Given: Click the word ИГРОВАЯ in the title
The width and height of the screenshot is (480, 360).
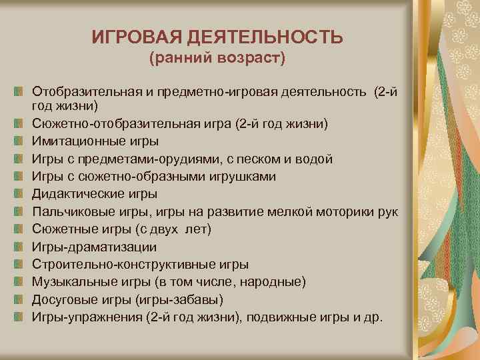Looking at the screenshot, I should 133,37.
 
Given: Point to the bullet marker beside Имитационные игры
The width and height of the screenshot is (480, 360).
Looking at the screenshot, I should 22,142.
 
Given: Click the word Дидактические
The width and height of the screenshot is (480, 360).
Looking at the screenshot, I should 79,194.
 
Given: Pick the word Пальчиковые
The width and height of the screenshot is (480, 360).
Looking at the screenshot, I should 72,211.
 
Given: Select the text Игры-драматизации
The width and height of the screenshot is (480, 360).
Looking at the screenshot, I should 95,247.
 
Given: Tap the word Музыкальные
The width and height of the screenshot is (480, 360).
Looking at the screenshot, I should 74,281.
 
